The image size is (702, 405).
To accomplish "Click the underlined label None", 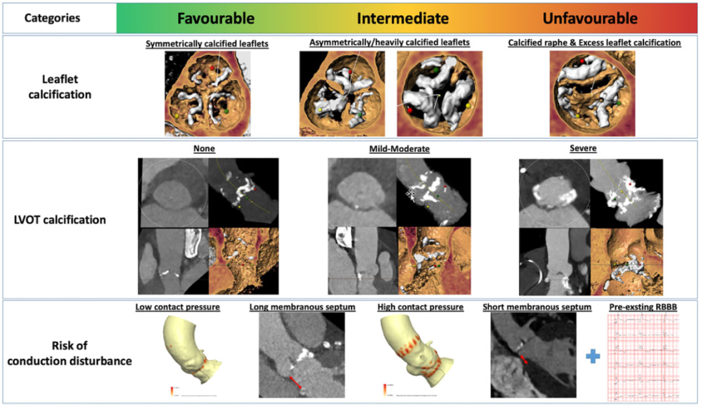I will [x=204, y=149].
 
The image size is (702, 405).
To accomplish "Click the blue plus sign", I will [x=592, y=356].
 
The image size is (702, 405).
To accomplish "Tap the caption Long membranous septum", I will [x=302, y=307].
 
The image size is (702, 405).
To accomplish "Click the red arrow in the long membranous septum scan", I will [x=294, y=382].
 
